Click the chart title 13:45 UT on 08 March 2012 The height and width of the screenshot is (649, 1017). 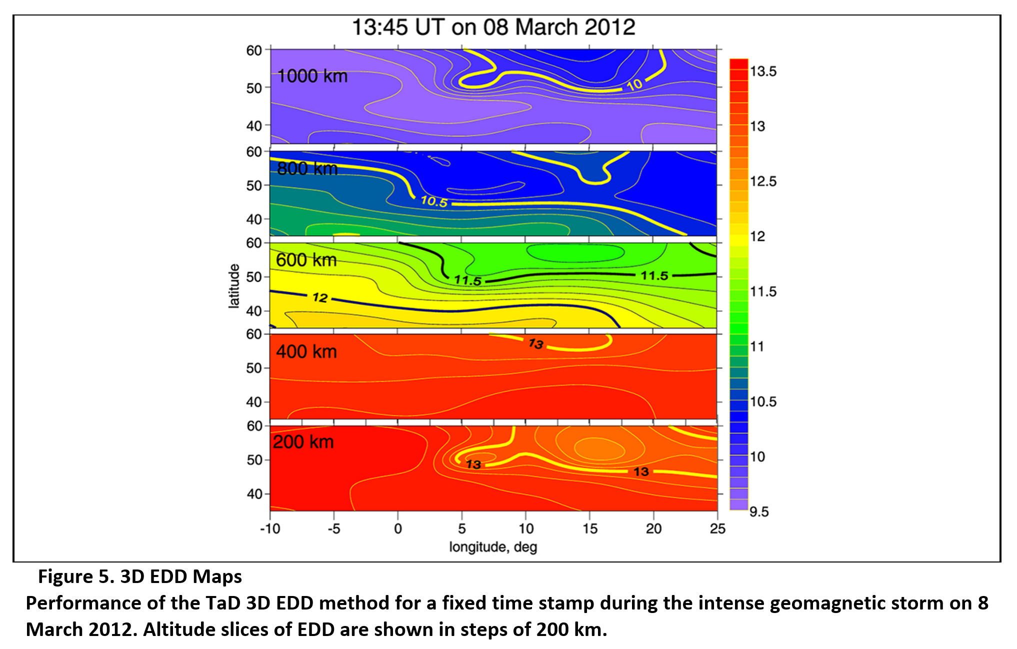coord(493,27)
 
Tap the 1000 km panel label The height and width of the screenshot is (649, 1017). coord(312,76)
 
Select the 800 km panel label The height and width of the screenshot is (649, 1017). coord(307,168)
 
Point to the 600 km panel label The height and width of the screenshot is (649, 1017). coord(306,260)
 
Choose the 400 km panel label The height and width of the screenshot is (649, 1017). coord(306,351)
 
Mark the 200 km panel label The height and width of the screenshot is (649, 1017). coord(303,442)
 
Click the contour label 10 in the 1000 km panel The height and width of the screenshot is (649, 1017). coord(634,84)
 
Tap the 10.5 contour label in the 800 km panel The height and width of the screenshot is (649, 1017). coord(434,201)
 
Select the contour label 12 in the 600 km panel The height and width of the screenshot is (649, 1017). coord(320,298)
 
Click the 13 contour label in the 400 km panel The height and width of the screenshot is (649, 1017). coord(535,343)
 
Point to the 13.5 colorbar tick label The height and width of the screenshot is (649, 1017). coord(763,71)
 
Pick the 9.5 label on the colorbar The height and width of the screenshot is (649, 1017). coord(758,511)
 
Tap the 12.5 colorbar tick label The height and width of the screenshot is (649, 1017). coord(763,181)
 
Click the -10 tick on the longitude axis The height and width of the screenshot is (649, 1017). coord(270,528)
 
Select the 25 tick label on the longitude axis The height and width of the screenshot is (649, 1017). coord(717,528)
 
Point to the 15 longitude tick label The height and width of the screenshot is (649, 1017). coord(589,528)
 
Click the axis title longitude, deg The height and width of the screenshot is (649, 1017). coord(493,546)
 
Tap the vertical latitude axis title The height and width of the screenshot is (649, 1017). coord(234,285)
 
